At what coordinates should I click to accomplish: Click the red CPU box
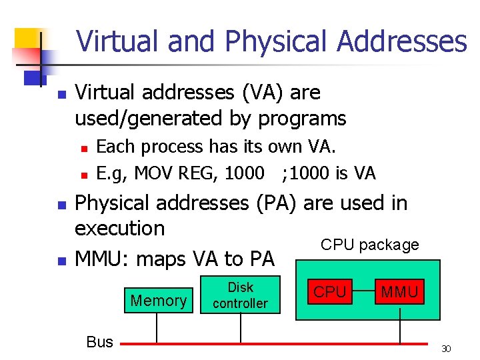click(330, 292)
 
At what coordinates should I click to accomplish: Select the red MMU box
click(399, 292)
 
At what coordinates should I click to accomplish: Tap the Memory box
click(159, 301)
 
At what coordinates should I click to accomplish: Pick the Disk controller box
click(240, 295)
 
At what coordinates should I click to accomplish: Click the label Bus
click(100, 342)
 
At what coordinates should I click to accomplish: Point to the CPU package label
click(370, 245)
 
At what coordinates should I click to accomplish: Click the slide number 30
click(447, 349)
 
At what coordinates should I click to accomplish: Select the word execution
click(119, 228)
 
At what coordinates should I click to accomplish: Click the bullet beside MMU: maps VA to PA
click(61, 259)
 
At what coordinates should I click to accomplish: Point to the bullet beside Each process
click(83, 147)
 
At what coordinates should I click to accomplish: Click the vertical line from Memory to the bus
click(157, 329)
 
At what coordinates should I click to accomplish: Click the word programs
click(302, 119)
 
